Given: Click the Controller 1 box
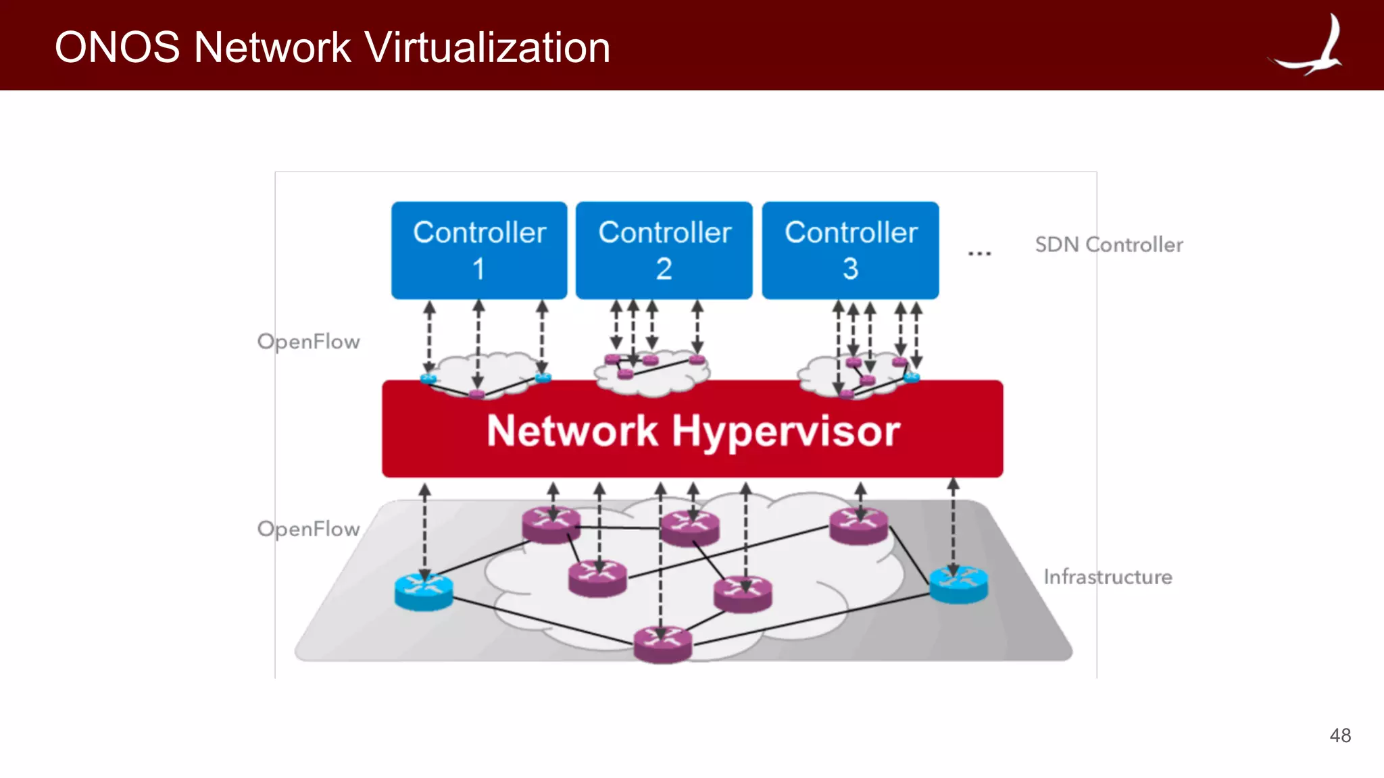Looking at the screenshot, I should pos(479,250).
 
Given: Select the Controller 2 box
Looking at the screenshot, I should pos(664,250).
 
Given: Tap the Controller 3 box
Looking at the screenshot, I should pos(850,250).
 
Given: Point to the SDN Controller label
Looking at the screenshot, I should pos(1109,244).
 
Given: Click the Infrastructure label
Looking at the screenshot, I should pos(1108,577).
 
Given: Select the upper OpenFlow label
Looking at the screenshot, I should pos(308,342).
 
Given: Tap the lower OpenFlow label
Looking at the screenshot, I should pos(308,529).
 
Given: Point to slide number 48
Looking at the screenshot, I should pos(1340,735).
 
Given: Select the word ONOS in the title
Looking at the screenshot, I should pos(117,47).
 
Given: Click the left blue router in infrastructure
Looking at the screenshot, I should pos(424,592).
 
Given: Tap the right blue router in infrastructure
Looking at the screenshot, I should pos(958,584).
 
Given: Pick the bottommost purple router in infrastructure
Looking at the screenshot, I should pos(663,644).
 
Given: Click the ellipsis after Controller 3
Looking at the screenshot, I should pos(979,253).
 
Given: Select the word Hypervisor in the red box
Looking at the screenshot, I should pos(786,432).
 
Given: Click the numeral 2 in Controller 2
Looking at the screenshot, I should pos(664,269).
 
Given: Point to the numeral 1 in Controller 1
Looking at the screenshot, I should pos(478,269).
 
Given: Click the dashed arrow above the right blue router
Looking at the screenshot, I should pos(953,523).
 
